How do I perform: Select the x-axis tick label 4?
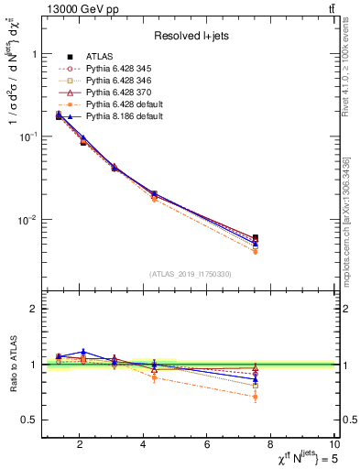coord(143,445)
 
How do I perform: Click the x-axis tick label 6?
coord(208,445)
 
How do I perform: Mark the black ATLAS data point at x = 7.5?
coord(256,238)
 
